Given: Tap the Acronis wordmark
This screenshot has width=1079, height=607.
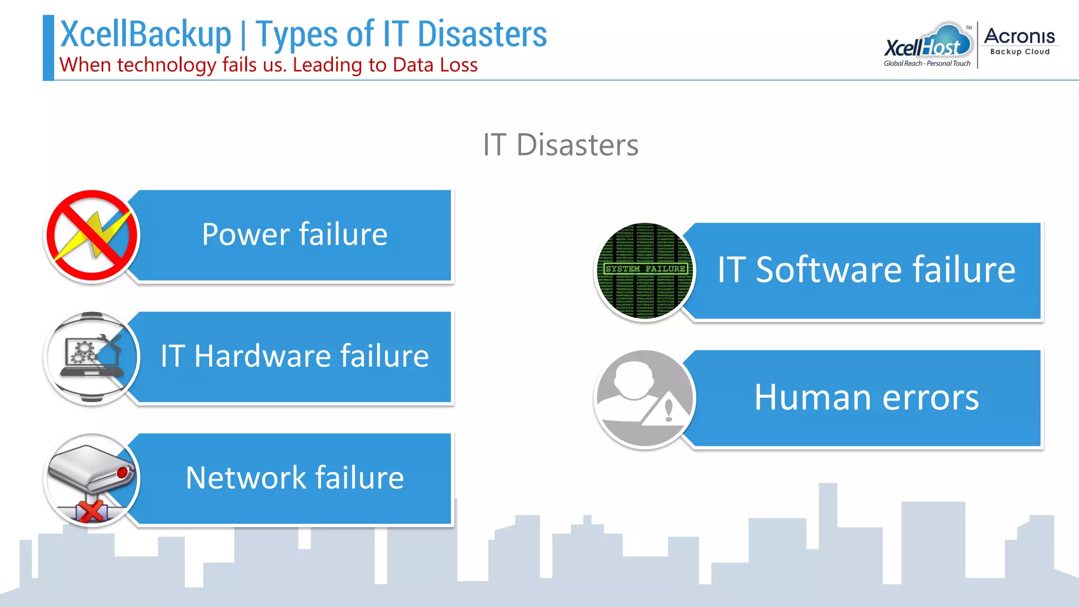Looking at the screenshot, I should (1019, 36).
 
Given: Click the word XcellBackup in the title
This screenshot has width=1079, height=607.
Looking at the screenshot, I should (146, 34).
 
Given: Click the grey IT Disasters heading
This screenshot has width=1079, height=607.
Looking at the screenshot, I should (561, 145).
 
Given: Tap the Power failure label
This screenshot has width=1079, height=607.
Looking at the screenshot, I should (295, 234).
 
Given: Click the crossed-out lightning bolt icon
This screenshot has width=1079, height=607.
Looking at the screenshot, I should (92, 236).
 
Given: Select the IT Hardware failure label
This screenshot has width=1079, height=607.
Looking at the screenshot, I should (295, 356).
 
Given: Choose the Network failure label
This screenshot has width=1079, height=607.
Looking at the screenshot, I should (295, 478).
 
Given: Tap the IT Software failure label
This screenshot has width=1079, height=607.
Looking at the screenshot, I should (866, 270).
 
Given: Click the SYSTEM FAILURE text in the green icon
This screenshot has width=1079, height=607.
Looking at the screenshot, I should (645, 269).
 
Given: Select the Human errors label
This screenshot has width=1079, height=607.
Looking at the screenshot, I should (866, 397).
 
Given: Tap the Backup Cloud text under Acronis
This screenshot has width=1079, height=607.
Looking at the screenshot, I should (1019, 52).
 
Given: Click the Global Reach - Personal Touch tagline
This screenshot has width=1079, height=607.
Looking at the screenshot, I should (927, 64).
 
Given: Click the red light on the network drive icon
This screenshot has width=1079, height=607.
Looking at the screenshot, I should (122, 473).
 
